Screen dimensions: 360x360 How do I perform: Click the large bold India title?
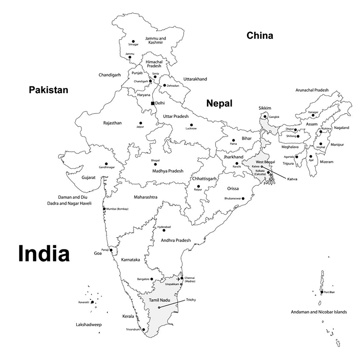[44, 254]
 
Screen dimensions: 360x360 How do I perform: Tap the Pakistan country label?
[49, 90]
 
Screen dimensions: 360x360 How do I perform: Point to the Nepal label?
[219, 104]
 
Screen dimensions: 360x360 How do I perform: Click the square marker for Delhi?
[153, 103]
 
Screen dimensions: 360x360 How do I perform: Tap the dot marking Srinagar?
[132, 39]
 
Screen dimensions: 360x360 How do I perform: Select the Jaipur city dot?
[140, 122]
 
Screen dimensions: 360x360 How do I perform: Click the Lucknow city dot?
[191, 125]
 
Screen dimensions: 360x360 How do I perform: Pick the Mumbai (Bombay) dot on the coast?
[104, 209]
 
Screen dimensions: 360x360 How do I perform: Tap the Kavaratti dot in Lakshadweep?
[92, 302]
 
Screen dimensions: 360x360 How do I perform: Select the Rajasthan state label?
[112, 123]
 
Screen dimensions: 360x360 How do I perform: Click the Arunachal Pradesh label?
[312, 90]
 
